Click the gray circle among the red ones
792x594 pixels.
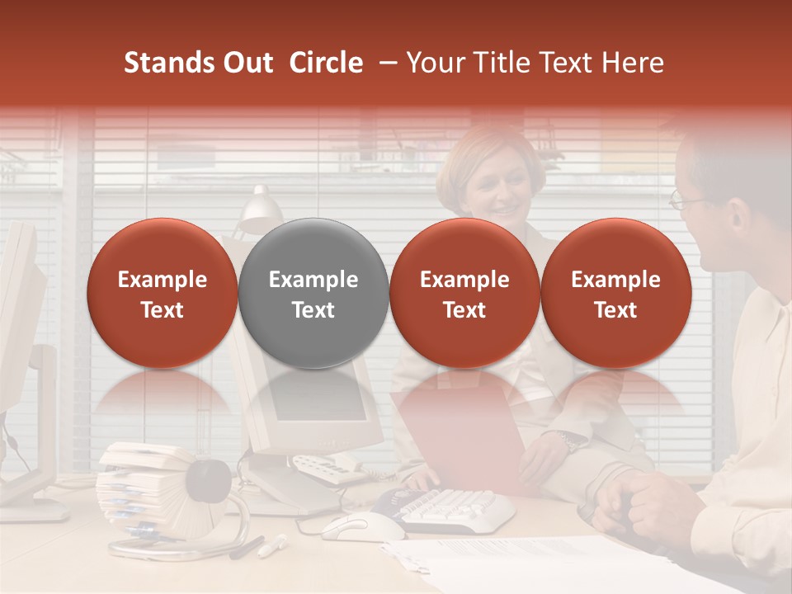click(x=313, y=293)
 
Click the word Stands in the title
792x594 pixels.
click(x=169, y=63)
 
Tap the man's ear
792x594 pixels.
click(x=738, y=219)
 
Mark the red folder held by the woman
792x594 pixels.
click(x=462, y=437)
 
